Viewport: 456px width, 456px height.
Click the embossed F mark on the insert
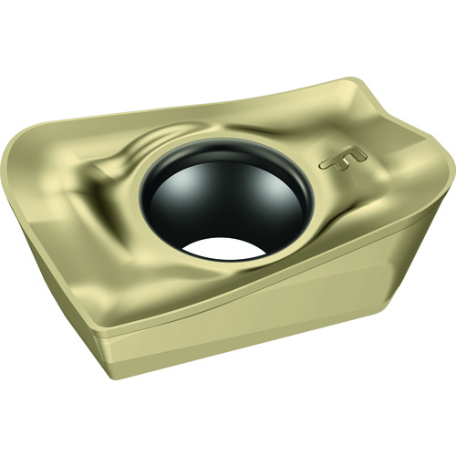[x=343, y=160]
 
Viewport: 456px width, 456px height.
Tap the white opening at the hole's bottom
[x=224, y=248]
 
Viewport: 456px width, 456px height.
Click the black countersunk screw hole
[x=225, y=199]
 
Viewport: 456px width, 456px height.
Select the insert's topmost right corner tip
[x=353, y=79]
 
